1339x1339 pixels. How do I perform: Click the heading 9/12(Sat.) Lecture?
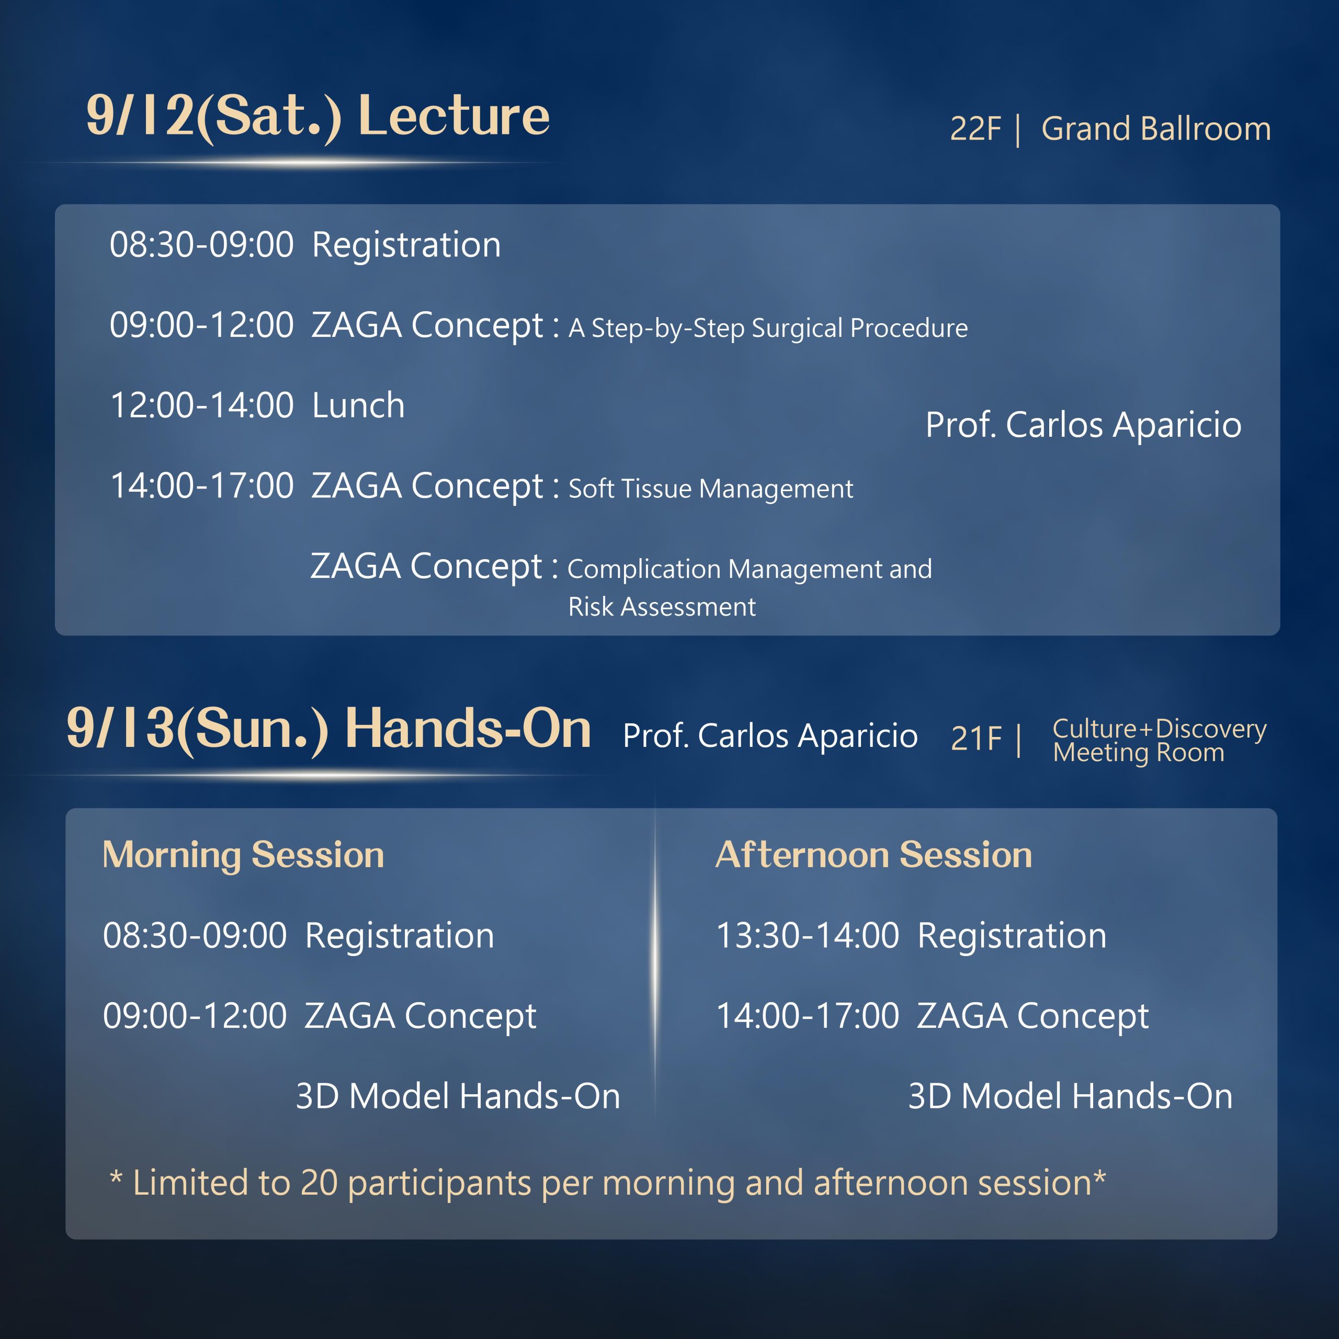point(317,117)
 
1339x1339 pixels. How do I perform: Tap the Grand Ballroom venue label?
point(1156,129)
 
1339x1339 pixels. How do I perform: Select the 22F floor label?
point(975,129)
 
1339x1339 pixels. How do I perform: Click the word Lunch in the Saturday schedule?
point(358,405)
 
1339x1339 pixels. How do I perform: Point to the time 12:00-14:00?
point(202,405)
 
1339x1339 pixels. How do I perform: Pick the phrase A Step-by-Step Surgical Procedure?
point(768,328)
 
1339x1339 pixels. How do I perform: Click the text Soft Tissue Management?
point(710,489)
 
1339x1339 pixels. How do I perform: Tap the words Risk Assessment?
point(662,606)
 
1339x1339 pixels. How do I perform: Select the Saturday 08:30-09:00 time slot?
point(202,245)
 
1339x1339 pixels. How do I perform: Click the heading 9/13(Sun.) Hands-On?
point(328,729)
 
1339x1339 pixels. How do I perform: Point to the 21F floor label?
point(976,738)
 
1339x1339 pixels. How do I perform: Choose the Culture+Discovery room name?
point(1160,729)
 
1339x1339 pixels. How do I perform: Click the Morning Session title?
point(243,855)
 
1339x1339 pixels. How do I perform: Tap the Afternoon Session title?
point(873,855)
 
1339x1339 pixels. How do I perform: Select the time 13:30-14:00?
point(808,936)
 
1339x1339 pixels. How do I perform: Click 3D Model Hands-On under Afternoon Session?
point(1070,1096)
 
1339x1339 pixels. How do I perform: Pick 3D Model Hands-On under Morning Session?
point(458,1096)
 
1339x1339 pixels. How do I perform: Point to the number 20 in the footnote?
point(319,1183)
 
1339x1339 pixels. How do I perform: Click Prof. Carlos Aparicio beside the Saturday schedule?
point(1083,425)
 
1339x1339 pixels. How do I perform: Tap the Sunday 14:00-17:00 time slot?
point(808,1016)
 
